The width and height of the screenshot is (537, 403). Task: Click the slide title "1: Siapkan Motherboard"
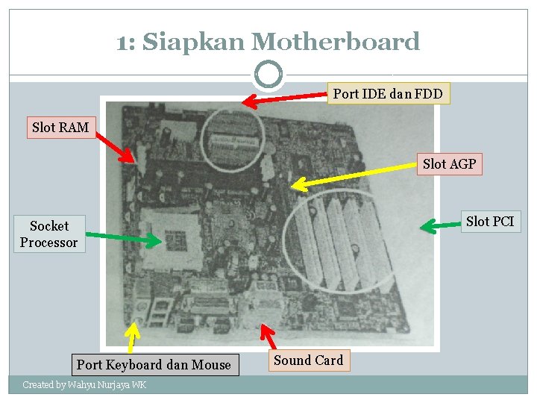click(x=268, y=42)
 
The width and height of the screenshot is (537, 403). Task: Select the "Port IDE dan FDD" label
click(x=388, y=93)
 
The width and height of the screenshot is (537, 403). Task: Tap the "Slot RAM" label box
click(x=60, y=128)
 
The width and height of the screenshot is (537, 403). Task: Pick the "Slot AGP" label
click(x=449, y=163)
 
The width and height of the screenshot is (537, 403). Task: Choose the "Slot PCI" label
click(x=489, y=222)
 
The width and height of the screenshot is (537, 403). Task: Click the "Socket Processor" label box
click(x=49, y=234)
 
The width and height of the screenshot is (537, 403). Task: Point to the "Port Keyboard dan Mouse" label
click(x=154, y=365)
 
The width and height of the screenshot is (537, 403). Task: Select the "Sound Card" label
click(x=308, y=360)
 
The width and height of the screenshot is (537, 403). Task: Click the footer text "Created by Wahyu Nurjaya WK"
click(x=84, y=385)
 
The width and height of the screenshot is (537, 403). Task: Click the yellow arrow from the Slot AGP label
click(x=354, y=175)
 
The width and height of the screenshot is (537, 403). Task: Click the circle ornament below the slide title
click(x=268, y=75)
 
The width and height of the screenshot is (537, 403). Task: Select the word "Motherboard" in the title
click(x=336, y=42)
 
